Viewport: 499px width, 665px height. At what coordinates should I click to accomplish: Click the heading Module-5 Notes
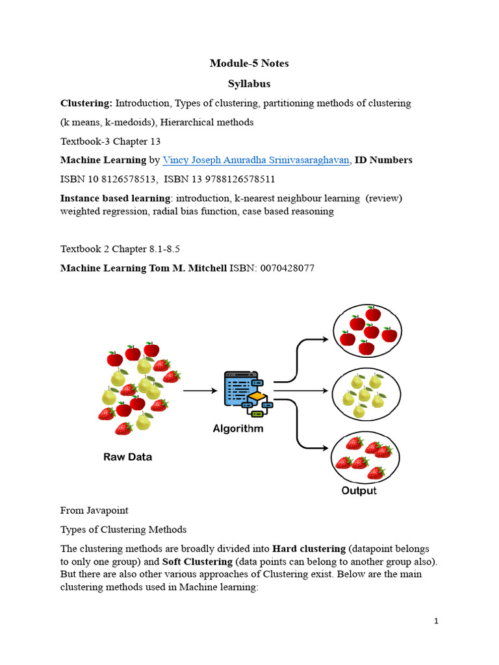[x=249, y=63]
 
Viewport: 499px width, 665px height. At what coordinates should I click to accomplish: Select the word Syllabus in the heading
[x=249, y=84]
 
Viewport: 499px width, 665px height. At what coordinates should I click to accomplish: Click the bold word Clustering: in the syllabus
[x=86, y=103]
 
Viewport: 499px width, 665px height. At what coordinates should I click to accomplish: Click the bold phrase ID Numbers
[x=383, y=160]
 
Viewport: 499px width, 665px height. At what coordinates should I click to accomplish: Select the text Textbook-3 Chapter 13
[x=111, y=141]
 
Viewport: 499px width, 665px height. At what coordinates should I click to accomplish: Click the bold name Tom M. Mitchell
[x=188, y=268]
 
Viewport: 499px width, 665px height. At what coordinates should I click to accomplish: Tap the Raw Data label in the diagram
[x=128, y=457]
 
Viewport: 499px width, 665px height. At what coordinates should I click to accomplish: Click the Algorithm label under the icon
[x=238, y=429]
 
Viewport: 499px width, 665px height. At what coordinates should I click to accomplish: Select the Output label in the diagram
[x=359, y=490]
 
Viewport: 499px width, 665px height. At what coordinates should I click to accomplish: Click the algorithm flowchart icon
[x=246, y=393]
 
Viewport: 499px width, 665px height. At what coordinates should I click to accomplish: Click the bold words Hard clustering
[x=309, y=549]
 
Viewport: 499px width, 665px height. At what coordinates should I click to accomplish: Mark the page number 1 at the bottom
[x=437, y=621]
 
